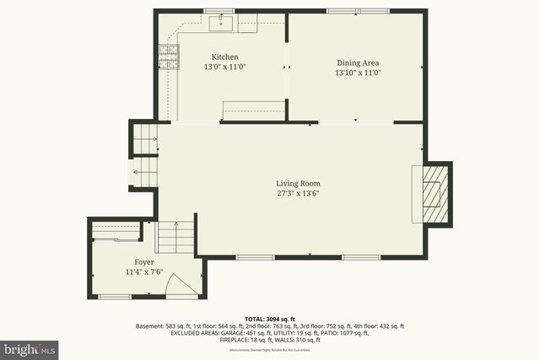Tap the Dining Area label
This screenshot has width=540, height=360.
coord(359,62)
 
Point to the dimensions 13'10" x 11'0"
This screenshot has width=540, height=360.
coord(359,73)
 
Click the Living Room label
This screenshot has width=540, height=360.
coord(299,183)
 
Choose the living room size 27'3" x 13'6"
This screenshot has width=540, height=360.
coord(299,193)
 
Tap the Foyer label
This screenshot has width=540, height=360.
coord(144,262)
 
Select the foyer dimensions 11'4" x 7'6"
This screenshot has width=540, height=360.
coord(144,272)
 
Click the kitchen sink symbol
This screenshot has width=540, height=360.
coord(226,23)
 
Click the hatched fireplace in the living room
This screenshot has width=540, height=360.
coord(432,193)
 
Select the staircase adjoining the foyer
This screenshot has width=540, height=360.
coord(175,237)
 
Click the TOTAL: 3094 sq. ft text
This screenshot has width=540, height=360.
coord(270,318)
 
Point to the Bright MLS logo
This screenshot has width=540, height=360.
coord(30,347)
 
